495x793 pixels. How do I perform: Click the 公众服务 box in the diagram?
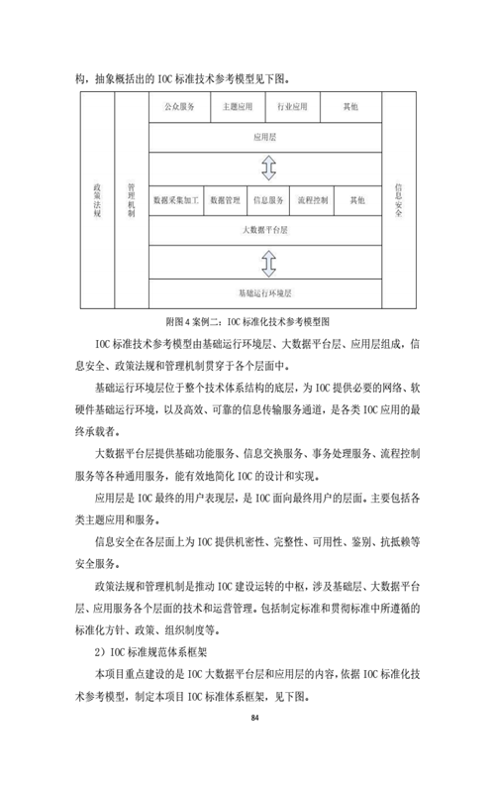click(179, 107)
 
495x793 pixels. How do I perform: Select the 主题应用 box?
click(238, 107)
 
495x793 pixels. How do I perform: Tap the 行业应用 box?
click(292, 107)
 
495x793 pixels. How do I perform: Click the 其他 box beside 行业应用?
click(351, 107)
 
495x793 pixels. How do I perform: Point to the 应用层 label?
click(265, 137)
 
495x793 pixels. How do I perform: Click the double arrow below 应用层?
click(268, 168)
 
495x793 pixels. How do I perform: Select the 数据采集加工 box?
click(176, 200)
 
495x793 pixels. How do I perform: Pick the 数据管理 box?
click(226, 200)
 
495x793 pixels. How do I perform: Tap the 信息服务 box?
click(268, 200)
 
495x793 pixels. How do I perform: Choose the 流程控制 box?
click(312, 200)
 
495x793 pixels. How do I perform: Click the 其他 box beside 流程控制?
click(358, 200)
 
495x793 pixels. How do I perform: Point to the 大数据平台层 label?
click(265, 230)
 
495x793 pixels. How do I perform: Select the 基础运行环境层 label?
click(265, 293)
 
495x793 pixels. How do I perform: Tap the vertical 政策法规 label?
click(97, 200)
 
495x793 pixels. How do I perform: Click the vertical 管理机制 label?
click(132, 200)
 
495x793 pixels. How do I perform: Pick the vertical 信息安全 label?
click(399, 200)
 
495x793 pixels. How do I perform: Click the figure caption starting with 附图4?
click(248, 321)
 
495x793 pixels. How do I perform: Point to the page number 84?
click(254, 718)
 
